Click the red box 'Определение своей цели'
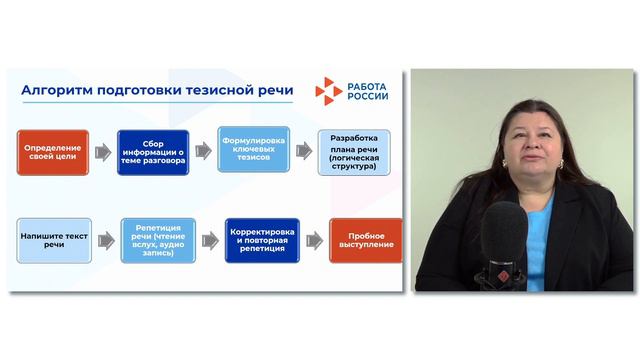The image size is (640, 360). pos(52,152)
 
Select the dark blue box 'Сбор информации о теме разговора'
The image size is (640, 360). pos(152,152)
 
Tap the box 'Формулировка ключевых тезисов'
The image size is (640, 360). pos(254,150)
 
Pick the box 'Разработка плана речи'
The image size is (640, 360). pos(353,152)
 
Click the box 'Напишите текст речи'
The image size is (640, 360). pos(52,241)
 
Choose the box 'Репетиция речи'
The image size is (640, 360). pos(158,241)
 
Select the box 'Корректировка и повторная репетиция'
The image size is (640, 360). pos(262,241)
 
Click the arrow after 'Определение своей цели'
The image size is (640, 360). pos(102,152)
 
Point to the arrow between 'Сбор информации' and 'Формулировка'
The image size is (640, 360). pos(203,151)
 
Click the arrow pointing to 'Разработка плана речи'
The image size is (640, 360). pos(303,151)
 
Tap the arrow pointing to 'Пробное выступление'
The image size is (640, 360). pos(314,241)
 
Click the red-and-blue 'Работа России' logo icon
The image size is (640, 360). pos(328,91)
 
